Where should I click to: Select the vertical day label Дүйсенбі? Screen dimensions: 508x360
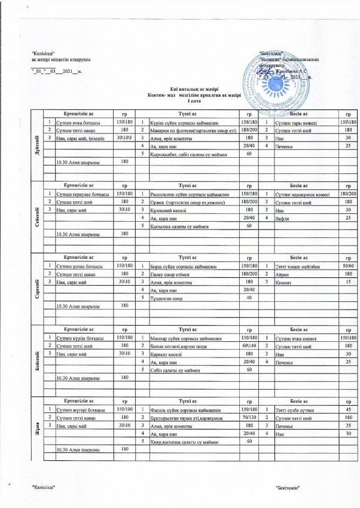[x=39, y=143]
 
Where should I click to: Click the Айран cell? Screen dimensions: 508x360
[x=280, y=273]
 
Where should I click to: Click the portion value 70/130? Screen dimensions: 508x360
[x=247, y=417]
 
